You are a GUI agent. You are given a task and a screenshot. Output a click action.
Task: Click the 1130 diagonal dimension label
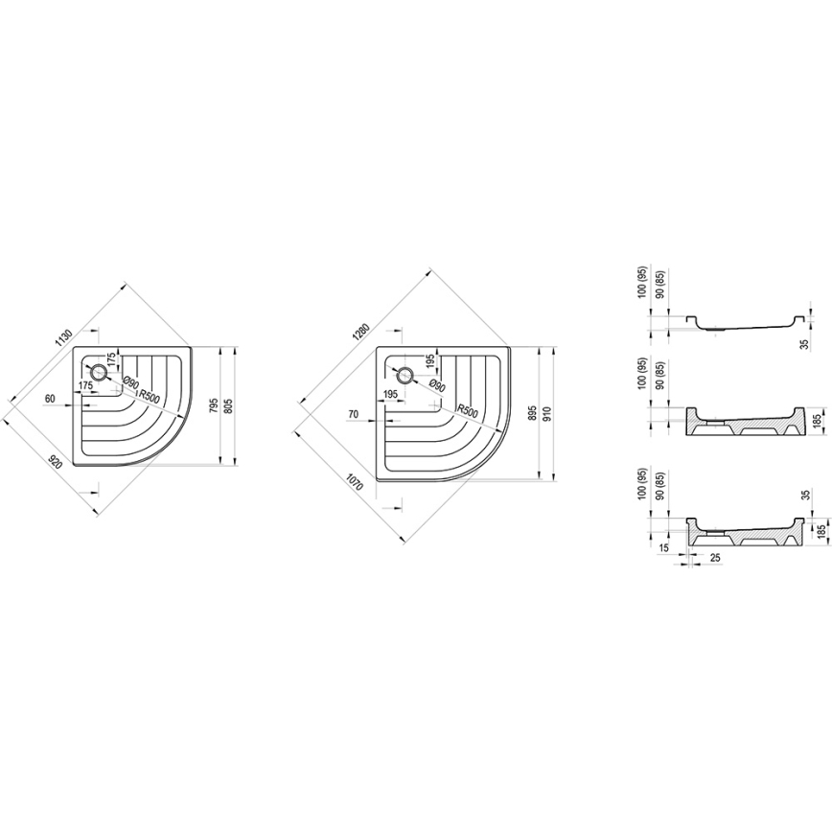[x=63, y=338]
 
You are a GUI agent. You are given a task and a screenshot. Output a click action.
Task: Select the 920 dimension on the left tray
[x=56, y=462]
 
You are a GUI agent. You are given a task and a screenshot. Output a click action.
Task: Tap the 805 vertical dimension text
[x=227, y=406]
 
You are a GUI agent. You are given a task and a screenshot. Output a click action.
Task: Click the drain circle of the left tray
[x=97, y=371]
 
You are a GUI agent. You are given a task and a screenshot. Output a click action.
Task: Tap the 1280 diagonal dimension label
[x=360, y=335]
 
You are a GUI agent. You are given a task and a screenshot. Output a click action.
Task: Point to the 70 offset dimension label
[x=353, y=414]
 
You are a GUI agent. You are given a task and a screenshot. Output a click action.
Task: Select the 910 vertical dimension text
[x=545, y=415]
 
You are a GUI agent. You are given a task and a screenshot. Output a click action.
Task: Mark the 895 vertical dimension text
[x=532, y=415]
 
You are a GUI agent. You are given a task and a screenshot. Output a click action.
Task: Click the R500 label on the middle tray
[x=468, y=409]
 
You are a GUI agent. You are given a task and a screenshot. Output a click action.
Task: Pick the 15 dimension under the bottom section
[x=665, y=548]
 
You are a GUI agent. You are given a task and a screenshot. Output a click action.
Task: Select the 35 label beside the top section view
[x=804, y=342]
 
